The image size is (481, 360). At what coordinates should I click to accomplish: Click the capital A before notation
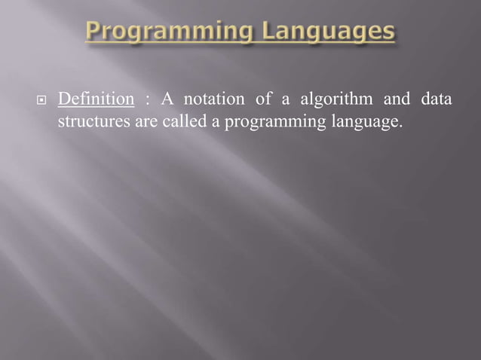166,100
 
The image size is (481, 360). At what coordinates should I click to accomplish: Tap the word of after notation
261,100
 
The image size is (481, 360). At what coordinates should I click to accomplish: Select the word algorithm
332,101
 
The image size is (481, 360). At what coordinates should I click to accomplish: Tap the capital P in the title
94,32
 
